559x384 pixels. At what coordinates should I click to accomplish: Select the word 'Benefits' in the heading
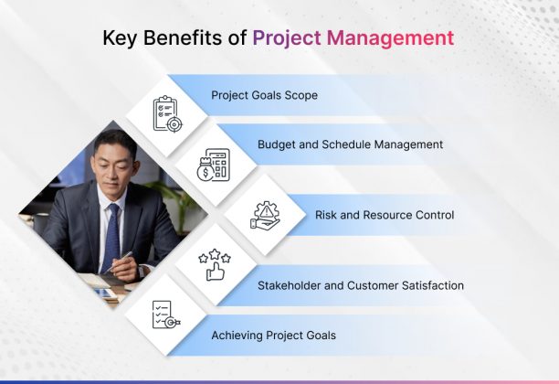[x=190, y=38]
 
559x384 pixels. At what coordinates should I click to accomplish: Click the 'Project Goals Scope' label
[x=264, y=95]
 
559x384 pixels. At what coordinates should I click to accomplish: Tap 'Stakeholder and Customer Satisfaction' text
[x=361, y=285]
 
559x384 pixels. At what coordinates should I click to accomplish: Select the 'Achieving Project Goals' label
[x=273, y=336]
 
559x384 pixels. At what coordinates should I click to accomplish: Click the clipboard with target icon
[x=167, y=112]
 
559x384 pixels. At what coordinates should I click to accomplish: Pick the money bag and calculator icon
[x=214, y=165]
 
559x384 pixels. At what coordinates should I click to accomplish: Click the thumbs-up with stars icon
[x=214, y=265]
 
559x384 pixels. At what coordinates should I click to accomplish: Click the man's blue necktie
[x=112, y=236]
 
